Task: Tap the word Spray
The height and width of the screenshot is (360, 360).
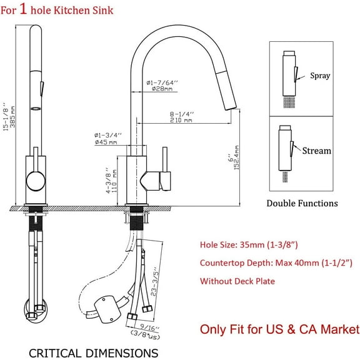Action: pos(321,76)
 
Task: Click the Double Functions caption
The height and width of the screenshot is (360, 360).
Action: pos(302,202)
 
